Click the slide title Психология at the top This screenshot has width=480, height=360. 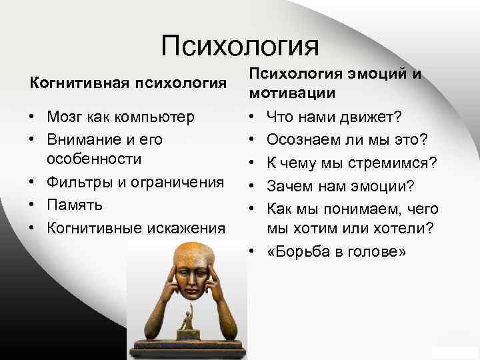(x=240, y=45)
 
